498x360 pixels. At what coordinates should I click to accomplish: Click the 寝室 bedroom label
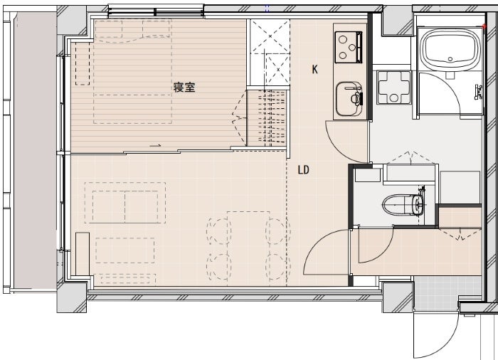pyautogui.click(x=184, y=87)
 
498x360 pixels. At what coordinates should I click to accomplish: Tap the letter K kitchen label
pyautogui.click(x=314, y=69)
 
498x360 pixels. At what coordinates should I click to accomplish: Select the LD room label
pyautogui.click(x=303, y=170)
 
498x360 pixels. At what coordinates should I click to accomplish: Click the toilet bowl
pyautogui.click(x=403, y=204)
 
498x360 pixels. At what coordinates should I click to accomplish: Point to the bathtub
pyautogui.click(x=450, y=49)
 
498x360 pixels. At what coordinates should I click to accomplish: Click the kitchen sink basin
pyautogui.click(x=349, y=99)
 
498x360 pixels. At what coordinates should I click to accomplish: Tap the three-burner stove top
pyautogui.click(x=348, y=48)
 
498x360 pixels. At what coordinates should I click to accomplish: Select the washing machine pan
pyautogui.click(x=394, y=88)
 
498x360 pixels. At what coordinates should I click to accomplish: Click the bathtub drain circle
pyautogui.click(x=450, y=59)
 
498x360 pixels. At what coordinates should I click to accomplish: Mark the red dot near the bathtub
pyautogui.click(x=484, y=26)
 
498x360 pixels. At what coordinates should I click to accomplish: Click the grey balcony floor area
pyautogui.click(x=35, y=149)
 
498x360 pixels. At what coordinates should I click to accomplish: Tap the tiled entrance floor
pyautogui.click(x=447, y=293)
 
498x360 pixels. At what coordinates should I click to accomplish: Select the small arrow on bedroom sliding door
pyautogui.click(x=156, y=146)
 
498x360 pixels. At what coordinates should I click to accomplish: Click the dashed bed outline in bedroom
pyautogui.click(x=132, y=71)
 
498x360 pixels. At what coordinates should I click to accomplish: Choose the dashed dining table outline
pyautogui.click(x=249, y=248)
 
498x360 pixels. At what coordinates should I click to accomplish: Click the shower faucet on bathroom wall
pyautogui.click(x=478, y=92)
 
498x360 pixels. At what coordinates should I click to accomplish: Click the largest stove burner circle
pyautogui.click(x=343, y=40)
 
